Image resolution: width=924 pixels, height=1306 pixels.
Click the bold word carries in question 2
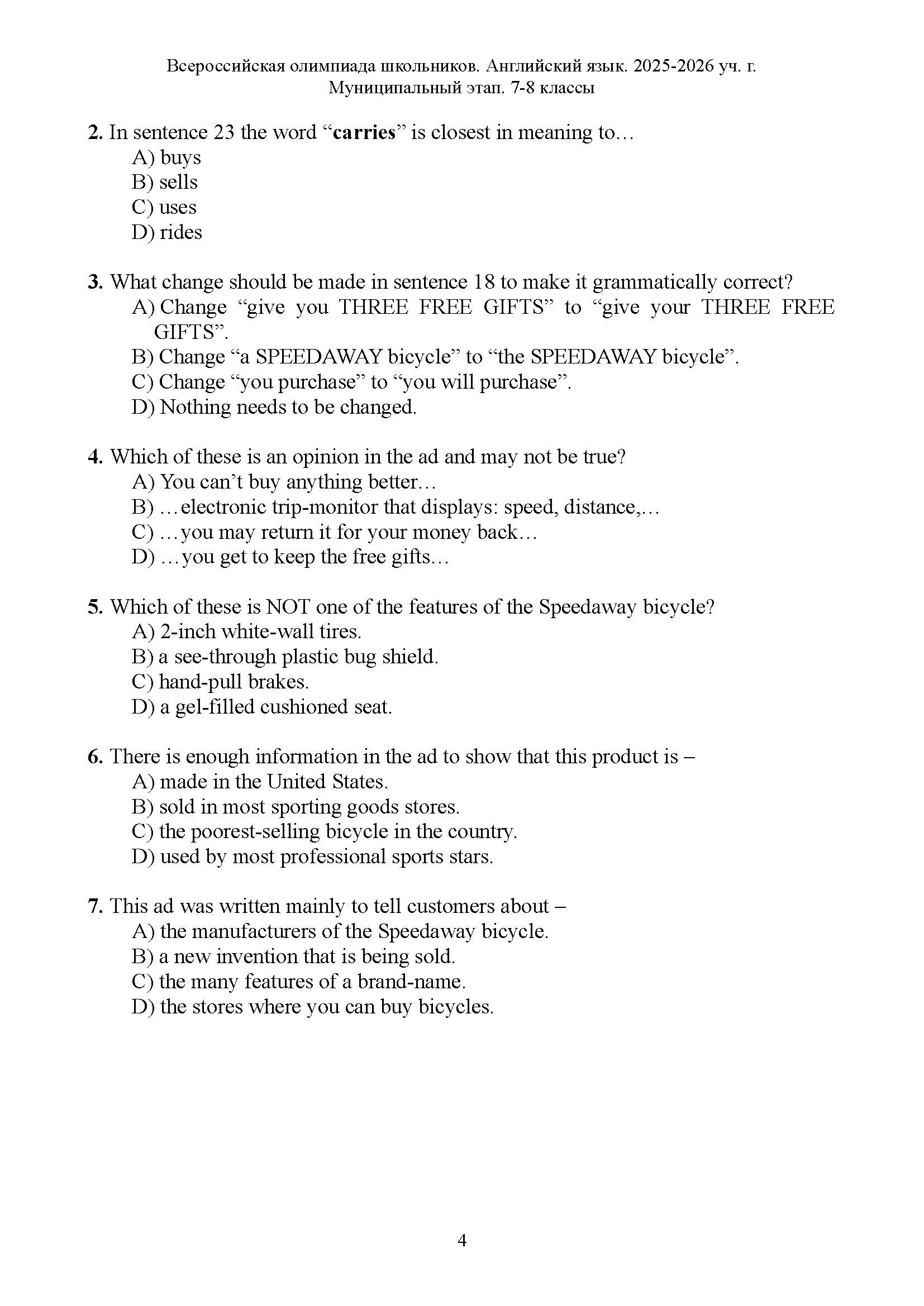(x=364, y=132)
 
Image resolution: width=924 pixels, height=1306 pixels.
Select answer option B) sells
(x=165, y=182)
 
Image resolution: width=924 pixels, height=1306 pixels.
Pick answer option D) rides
(x=166, y=232)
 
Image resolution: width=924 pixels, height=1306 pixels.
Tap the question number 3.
(x=95, y=282)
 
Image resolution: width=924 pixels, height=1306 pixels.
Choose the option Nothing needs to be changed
(x=274, y=407)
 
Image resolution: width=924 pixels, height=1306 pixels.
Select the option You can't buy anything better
(x=284, y=482)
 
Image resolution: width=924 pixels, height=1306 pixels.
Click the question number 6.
(x=95, y=757)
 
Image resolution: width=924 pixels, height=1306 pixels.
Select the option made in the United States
(x=259, y=782)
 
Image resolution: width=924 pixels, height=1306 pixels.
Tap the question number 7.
(x=95, y=907)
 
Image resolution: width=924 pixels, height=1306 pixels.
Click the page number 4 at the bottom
(x=462, y=1241)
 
